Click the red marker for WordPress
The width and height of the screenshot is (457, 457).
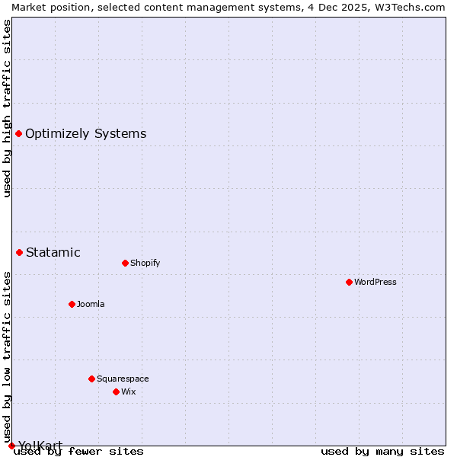[x=349, y=282]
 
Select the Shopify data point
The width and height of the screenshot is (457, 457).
[x=125, y=263]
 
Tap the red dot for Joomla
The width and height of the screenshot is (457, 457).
[x=72, y=304]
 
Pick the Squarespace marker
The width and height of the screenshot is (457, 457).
[x=91, y=379]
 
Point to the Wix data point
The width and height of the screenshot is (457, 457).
[x=116, y=391]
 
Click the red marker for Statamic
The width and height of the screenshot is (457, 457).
[x=19, y=252]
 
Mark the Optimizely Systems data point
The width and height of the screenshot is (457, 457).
[x=18, y=133]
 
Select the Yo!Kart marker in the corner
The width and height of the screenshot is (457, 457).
[x=11, y=446]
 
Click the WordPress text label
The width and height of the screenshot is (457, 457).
[x=376, y=282]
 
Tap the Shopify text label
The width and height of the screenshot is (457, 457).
[x=145, y=263]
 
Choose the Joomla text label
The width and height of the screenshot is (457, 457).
[x=91, y=304]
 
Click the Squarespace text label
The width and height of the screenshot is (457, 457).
[x=123, y=379]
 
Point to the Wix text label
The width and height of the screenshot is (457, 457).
[x=129, y=391]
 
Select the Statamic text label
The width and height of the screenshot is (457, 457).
[x=53, y=252]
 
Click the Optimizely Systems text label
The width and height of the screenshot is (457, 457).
[x=85, y=133]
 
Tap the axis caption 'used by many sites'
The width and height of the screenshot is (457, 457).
[x=382, y=451]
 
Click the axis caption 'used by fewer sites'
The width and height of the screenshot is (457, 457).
[x=79, y=451]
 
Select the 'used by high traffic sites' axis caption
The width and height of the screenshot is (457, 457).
[x=7, y=108]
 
